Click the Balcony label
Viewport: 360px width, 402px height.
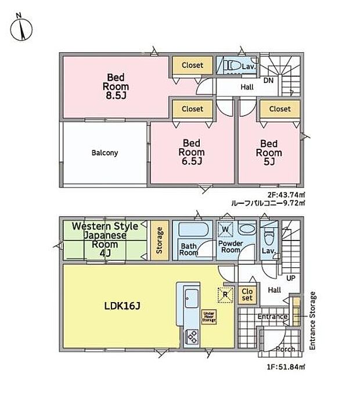click(x=105, y=153)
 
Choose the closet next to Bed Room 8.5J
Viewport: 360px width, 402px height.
click(x=192, y=66)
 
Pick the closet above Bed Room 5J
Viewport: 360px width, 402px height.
click(x=280, y=109)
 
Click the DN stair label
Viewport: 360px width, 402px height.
click(x=269, y=80)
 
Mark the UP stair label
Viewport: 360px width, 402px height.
click(x=290, y=278)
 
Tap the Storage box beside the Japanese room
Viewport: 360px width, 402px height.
click(x=159, y=240)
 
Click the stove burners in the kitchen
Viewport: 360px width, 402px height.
click(x=192, y=336)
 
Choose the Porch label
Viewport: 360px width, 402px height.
click(x=285, y=349)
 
